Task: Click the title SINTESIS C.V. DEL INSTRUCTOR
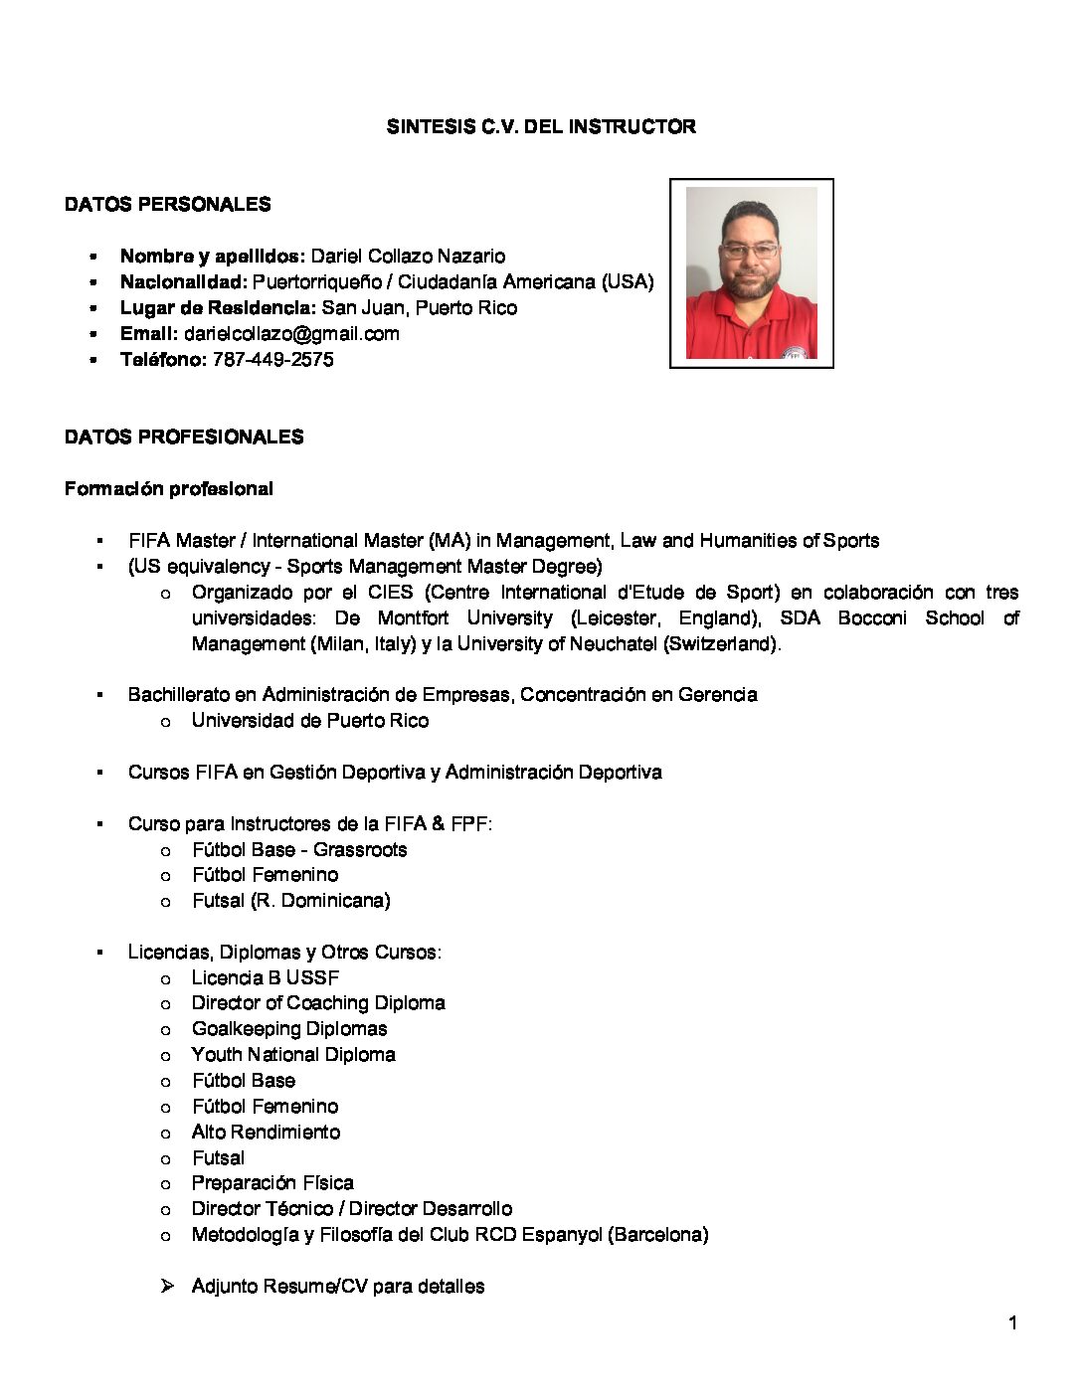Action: pos(541,127)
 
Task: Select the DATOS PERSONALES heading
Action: pos(167,205)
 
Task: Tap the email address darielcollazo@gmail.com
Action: pos(291,334)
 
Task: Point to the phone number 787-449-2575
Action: pos(273,360)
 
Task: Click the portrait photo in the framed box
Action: pos(751,273)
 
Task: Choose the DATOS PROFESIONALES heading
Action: pos(184,437)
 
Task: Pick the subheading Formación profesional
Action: pos(168,489)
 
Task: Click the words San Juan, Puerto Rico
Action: pos(420,308)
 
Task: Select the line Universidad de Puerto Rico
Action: pos(310,721)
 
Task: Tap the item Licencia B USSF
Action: pos(266,977)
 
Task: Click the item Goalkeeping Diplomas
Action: pos(289,1029)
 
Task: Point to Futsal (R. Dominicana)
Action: pos(290,901)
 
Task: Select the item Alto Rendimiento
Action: pos(266,1133)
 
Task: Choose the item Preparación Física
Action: pos(272,1183)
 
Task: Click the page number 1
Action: pos(1012,1323)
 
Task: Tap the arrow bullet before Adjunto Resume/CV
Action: pos(167,1287)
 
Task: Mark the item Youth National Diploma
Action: pos(293,1055)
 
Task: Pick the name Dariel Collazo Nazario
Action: pos(409,257)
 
